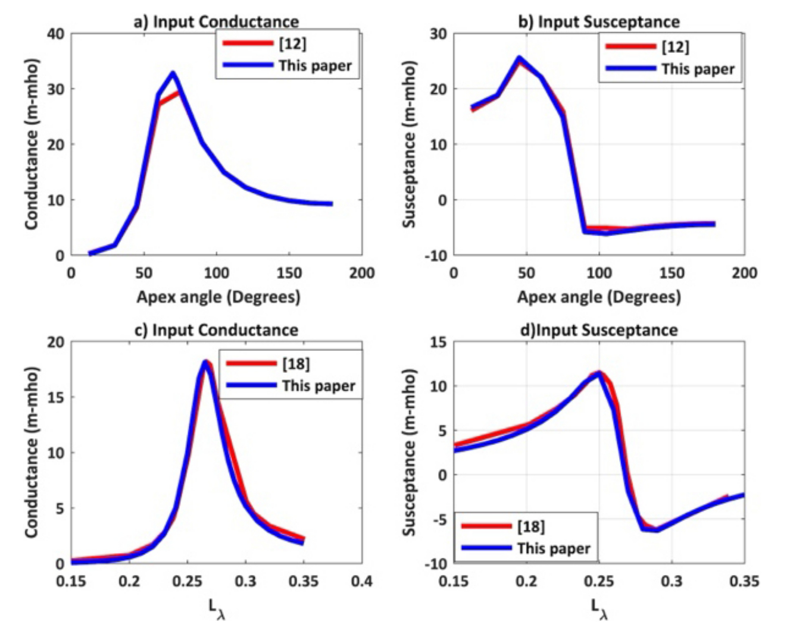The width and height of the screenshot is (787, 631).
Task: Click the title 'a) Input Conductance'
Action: click(x=216, y=22)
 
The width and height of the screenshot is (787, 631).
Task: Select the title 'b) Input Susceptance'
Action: click(x=598, y=22)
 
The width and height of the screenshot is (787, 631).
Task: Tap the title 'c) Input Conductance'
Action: click(x=216, y=330)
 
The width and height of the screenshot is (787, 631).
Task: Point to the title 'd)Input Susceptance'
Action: click(x=598, y=330)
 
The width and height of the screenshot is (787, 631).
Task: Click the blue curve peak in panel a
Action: click(x=173, y=73)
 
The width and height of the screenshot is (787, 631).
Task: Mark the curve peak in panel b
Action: click(x=519, y=58)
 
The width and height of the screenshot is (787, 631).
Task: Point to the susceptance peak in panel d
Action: click(x=599, y=373)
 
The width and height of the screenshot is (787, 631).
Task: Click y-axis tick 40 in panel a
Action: click(x=55, y=33)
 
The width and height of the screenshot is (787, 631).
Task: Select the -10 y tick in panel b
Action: click(x=436, y=256)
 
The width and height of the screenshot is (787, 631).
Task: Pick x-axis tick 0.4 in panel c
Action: click(x=361, y=580)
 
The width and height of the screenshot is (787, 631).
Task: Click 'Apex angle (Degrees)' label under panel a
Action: click(x=218, y=296)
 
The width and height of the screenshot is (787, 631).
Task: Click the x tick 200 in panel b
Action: click(x=744, y=273)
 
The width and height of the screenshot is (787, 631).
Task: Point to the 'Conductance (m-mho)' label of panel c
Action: click(x=31, y=452)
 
